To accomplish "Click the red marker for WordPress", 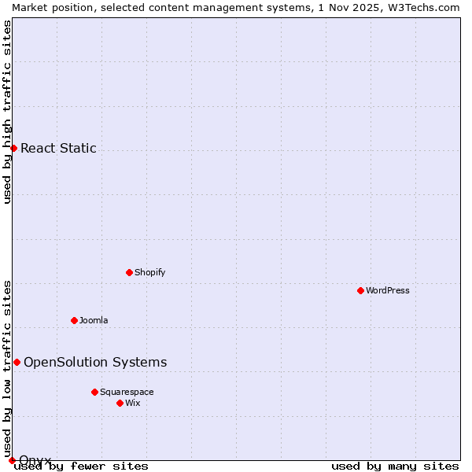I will pos(360,290).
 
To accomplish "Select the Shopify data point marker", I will pos(129,272).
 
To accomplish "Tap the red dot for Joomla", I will pos(74,320).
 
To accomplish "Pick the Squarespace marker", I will pos(94,392).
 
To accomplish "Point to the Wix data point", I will pos(120,403).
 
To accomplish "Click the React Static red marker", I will pos(13,148).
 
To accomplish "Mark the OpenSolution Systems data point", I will pos(17,362).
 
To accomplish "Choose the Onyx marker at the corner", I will pos(12,460).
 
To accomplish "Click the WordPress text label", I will pos(388,290).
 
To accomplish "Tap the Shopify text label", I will pos(149,272).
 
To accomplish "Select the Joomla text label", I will pos(94,320).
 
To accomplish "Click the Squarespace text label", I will pos(127,392).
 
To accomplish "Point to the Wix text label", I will pos(133,403).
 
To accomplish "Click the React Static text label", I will pos(58,148).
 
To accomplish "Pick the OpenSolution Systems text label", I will pos(95,362).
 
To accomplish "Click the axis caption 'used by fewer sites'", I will pos(82,466).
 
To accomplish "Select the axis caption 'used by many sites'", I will pos(395,466).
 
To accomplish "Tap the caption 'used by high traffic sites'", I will pos(7,112).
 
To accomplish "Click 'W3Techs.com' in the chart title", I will pos(425,7).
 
